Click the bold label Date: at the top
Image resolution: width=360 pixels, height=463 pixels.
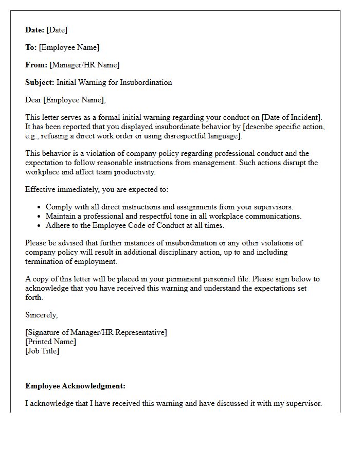(x=35, y=30)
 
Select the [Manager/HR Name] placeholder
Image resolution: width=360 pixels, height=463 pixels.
(x=84, y=65)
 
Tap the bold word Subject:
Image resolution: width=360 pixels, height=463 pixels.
(x=40, y=82)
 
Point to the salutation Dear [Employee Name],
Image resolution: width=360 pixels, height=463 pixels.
(x=65, y=100)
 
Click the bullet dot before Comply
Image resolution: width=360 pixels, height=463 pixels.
(x=40, y=207)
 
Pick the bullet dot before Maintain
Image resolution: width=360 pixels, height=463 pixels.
(x=40, y=217)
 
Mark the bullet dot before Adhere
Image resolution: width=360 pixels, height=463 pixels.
(x=40, y=226)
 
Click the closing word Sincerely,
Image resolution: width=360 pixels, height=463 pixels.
(x=42, y=315)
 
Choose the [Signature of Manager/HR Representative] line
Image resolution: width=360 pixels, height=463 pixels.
(x=96, y=332)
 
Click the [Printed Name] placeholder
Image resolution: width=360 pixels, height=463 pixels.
(x=51, y=342)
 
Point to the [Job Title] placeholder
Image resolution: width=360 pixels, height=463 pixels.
(x=42, y=351)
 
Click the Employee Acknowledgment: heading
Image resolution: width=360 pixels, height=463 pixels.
(x=75, y=386)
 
